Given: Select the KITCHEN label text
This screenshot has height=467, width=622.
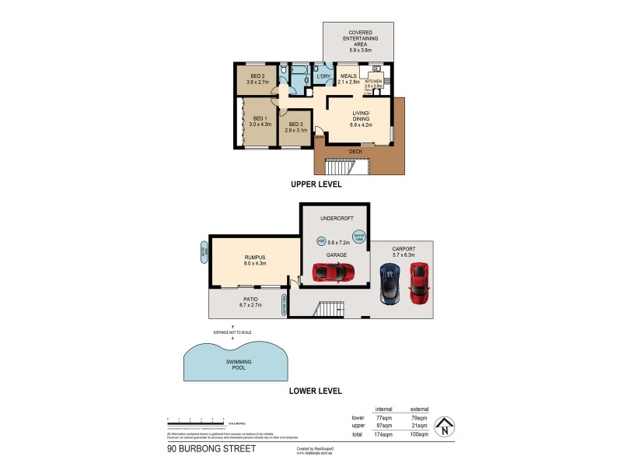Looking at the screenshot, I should [374, 81].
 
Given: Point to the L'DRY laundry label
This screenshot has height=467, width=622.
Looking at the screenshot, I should [323, 75].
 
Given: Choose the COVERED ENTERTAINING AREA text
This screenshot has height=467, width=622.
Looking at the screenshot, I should [358, 39].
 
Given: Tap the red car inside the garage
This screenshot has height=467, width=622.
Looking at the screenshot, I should [334, 272].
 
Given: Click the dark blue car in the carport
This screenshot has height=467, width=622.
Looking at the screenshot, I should [389, 283].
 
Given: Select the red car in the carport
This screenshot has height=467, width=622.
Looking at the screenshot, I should [419, 284].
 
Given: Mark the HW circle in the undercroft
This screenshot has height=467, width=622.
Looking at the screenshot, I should [322, 241].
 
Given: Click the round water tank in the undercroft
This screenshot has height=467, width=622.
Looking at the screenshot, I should [359, 234].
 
